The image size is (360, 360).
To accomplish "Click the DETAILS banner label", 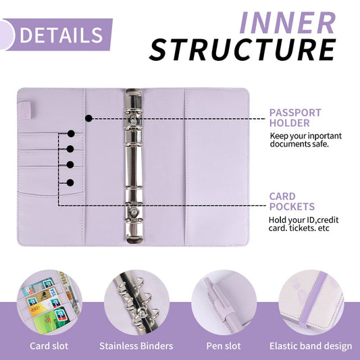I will (x=61, y=34).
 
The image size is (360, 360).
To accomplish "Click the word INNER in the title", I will (x=288, y=22).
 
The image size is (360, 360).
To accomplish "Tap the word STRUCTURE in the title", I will (x=242, y=50).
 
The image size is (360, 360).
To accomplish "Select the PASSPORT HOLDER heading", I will (x=295, y=118).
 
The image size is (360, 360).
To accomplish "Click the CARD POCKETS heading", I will (x=292, y=201).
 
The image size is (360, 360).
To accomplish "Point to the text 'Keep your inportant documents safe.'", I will (x=305, y=140).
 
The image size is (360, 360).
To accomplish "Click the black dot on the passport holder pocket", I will (x=88, y=118).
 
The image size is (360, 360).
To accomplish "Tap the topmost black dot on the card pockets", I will (x=70, y=134).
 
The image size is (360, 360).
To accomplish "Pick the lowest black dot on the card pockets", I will (x=70, y=182).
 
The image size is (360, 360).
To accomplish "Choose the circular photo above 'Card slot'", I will (x=48, y=301).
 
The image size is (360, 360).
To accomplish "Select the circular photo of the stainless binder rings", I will (x=136, y=301).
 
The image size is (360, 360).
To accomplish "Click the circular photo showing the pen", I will (x=224, y=301).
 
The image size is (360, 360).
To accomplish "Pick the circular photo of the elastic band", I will (x=310, y=301).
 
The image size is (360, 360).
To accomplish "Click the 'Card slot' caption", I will (x=49, y=346).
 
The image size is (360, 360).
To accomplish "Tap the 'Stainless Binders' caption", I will (x=136, y=346).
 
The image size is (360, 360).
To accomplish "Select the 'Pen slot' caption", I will (x=224, y=346).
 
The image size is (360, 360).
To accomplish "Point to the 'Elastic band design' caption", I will (x=310, y=346).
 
